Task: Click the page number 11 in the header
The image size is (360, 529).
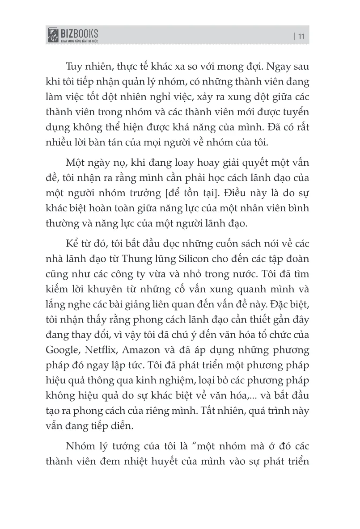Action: [x=300, y=37]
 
